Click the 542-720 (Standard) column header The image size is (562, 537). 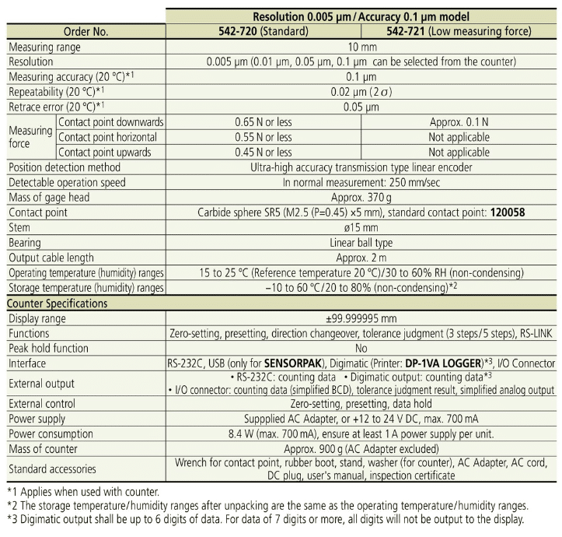coord(264,32)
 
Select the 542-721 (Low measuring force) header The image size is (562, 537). coord(459,32)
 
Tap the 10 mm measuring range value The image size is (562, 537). coord(361,47)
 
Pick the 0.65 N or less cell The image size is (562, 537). coord(264,122)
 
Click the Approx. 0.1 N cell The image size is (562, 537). coord(459,122)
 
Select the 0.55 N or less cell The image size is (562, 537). coord(264,137)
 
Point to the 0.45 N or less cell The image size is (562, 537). coord(264,152)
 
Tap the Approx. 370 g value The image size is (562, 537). coord(361,197)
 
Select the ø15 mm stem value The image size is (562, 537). coord(361,227)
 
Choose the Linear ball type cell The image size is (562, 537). coord(361,243)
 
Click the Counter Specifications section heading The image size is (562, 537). coord(58,303)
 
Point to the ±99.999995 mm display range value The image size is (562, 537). coord(361,318)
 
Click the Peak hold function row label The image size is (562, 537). coord(52,348)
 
